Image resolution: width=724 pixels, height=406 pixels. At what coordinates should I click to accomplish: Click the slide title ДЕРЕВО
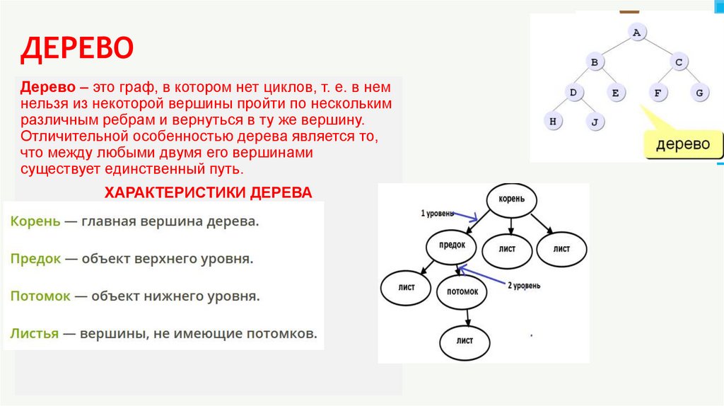76,49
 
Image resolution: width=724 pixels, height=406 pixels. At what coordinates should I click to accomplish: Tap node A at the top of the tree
636,33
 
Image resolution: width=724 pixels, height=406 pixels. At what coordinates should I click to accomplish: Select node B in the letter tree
595,62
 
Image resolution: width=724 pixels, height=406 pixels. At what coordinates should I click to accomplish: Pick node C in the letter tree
678,62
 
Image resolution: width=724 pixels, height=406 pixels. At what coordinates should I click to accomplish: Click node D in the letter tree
573,92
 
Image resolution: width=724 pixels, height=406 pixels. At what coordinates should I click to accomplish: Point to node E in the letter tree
615,92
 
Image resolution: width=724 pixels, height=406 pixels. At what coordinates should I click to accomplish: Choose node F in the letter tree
658,92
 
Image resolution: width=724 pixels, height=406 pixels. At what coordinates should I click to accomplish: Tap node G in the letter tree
699,92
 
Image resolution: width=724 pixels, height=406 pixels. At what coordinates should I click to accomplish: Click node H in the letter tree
553,121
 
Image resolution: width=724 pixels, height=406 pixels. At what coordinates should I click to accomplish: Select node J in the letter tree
595,122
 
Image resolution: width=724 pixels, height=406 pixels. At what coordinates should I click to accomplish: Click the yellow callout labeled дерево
682,144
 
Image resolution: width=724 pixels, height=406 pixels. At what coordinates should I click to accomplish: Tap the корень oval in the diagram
511,199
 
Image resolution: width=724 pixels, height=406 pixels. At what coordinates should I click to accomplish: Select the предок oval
453,245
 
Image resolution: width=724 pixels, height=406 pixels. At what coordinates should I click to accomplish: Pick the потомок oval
462,291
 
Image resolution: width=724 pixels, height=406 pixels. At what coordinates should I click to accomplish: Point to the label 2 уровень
523,286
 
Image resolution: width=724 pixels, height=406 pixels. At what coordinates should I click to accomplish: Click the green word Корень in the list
35,221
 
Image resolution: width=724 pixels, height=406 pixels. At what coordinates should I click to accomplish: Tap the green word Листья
34,332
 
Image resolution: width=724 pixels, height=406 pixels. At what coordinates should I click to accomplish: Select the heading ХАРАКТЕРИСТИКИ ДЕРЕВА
208,192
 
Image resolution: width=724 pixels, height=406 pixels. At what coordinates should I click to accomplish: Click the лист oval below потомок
465,340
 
